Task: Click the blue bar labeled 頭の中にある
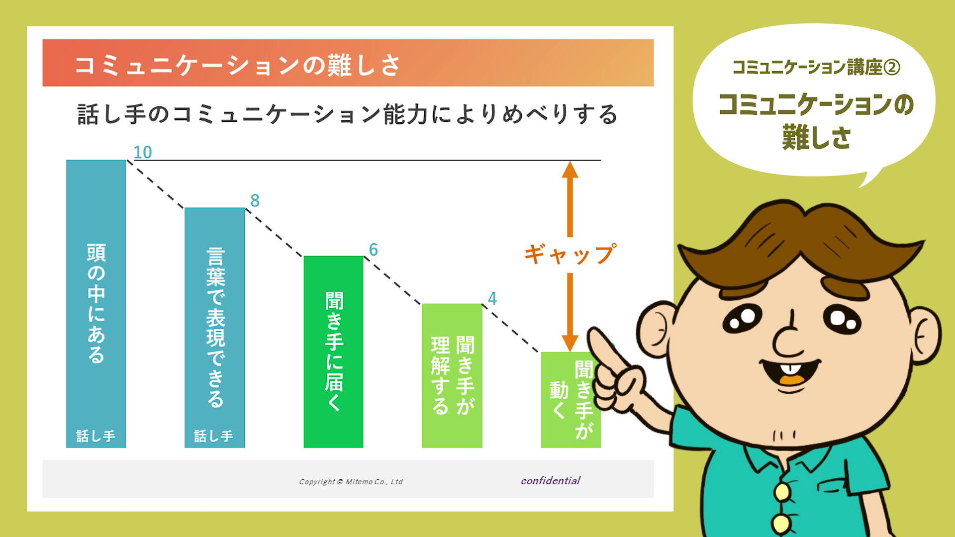click(96, 304)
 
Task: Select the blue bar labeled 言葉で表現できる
click(214, 328)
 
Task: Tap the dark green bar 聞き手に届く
click(333, 352)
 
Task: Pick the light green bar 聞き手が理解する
click(452, 375)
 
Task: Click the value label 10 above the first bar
click(143, 152)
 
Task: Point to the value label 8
click(255, 200)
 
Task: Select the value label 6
click(373, 250)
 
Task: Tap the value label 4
click(492, 298)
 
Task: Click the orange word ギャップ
click(570, 254)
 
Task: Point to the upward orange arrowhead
click(570, 170)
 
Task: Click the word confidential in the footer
click(551, 480)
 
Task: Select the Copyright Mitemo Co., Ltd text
click(351, 481)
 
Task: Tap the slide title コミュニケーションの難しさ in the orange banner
click(237, 65)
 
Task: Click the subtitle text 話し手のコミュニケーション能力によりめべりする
click(347, 114)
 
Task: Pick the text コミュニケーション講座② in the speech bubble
click(816, 67)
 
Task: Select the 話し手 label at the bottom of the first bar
click(95, 436)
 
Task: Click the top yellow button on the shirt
click(782, 491)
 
